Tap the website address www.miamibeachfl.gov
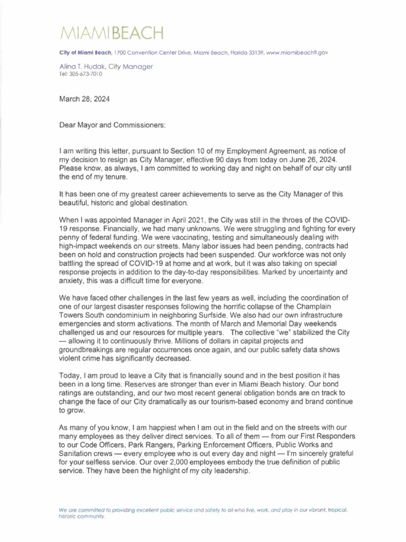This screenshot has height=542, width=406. pyautogui.click(x=304, y=53)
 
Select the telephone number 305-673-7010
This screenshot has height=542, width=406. pyautogui.click(x=85, y=74)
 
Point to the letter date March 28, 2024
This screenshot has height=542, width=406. pyautogui.click(x=85, y=99)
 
